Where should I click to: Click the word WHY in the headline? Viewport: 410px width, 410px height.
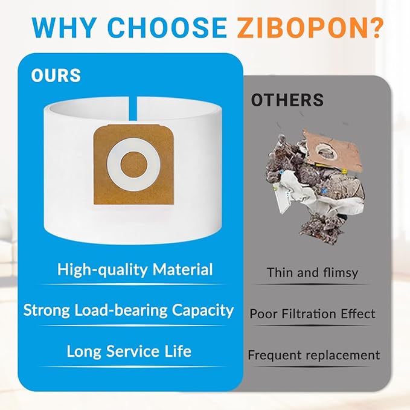tap(63, 28)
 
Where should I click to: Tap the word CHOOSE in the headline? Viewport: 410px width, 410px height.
tap(167, 28)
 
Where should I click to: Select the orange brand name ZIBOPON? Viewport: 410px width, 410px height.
tap(301, 28)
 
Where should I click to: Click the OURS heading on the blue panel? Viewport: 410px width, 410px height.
tap(56, 75)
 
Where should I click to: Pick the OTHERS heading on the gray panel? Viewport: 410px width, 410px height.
tap(287, 100)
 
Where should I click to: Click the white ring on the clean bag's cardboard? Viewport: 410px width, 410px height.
tap(133, 149)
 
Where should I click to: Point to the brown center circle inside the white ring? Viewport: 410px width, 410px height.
tap(134, 165)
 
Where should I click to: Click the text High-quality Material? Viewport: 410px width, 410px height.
tap(135, 269)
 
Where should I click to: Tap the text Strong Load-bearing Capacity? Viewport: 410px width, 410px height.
tap(129, 310)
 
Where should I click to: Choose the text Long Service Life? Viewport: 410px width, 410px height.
tap(129, 351)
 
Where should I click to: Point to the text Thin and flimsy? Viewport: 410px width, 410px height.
tap(312, 273)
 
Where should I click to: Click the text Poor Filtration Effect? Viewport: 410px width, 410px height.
tap(312, 314)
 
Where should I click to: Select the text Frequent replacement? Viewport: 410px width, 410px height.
tap(313, 355)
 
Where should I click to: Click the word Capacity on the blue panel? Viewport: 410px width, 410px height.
tap(203, 310)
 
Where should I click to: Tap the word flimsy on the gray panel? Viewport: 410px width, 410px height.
tap(341, 273)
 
